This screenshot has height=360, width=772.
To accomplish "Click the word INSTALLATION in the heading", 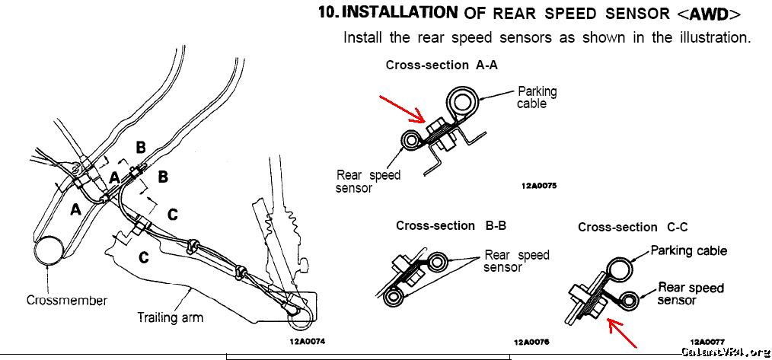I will coord(401,12).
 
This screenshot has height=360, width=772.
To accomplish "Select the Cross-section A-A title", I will coord(442,65).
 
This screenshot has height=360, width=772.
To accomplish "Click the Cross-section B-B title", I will coord(451,226).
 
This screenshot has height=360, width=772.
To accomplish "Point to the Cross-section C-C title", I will coord(633,227).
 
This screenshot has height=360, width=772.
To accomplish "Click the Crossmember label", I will coord(67,300).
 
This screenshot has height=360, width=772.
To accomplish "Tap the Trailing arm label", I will coord(170,317).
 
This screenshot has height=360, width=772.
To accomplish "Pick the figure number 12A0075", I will coord(539,184).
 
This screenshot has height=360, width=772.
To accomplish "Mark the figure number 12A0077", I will coord(707,342).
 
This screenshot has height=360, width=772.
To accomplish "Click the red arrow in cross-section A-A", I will coord(402,109).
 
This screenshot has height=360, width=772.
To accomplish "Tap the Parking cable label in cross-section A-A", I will coord(537,97).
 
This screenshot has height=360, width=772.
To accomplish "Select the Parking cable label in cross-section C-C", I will coord(688,250).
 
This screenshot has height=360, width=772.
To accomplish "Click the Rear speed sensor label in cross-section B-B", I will coord(516,261).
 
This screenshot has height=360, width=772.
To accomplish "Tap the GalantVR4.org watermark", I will coord(725,352).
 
